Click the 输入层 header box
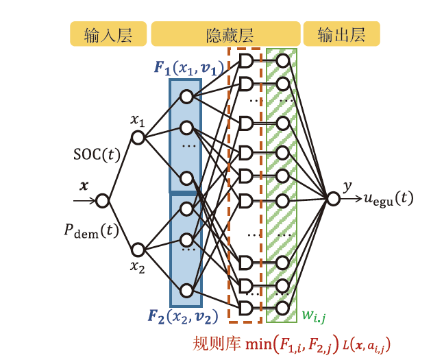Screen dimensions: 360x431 [x=108, y=34]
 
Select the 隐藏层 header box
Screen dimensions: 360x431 [x=225, y=34]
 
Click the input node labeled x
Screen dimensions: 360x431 [x=103, y=201]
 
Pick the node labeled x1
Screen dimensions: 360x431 [x=138, y=138]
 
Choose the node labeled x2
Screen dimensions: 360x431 [x=138, y=250]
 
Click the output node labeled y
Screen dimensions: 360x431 [x=333, y=199]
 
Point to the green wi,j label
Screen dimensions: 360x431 [x=315, y=317]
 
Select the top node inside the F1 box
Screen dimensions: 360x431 [x=186, y=97]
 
